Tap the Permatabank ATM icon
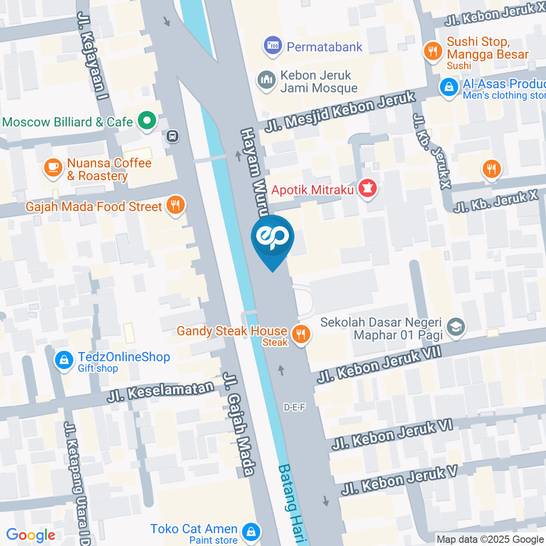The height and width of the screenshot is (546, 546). pos(273,46)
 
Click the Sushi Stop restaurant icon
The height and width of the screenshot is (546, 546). pos(433,51)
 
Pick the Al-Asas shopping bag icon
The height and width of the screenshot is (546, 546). pos(449,87)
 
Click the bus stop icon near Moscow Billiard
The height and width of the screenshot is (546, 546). pos(172,136)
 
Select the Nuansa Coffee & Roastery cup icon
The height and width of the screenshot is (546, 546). pos(53,168)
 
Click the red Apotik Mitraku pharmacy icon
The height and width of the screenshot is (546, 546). pos(368,189)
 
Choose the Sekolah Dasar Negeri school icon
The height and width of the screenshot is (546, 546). pos(456,326)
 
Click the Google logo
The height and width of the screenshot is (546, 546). pos(30,535)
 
